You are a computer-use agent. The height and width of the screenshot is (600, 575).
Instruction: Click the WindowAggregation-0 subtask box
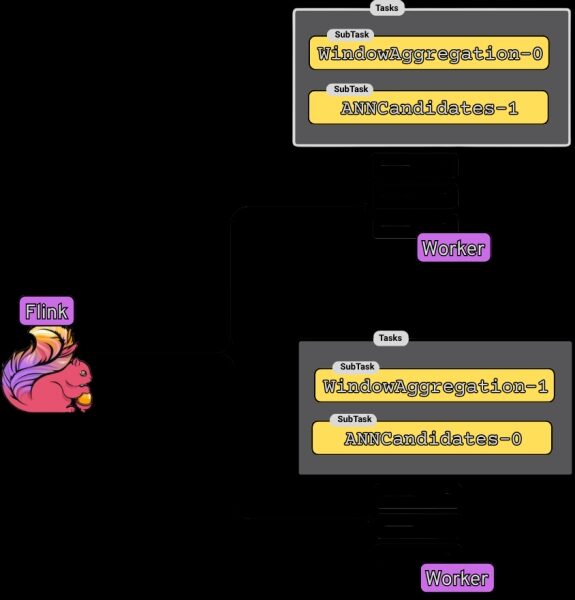pos(429,53)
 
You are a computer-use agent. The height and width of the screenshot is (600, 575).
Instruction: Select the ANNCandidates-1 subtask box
pos(428,108)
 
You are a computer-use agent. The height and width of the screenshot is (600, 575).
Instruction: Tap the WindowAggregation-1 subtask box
pos(434,385)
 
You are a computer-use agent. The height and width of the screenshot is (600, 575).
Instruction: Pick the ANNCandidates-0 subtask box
pos(432,438)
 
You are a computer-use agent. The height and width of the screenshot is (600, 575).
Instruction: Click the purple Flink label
pos(47,311)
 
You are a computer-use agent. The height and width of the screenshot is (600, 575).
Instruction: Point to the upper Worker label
pos(454,248)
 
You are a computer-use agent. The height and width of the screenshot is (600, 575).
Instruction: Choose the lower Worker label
pos(457,577)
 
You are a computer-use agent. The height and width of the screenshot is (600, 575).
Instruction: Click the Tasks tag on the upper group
pos(387,8)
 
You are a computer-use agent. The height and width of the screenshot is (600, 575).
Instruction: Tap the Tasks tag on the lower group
pos(391,338)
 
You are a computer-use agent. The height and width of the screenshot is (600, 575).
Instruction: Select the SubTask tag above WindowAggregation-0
pos(352,34)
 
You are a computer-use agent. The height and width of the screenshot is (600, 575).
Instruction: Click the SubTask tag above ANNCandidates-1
pos(351,89)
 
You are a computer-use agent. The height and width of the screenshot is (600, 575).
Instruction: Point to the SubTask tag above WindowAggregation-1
pos(357,367)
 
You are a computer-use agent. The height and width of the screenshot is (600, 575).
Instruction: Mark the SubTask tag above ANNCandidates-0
pos(354,419)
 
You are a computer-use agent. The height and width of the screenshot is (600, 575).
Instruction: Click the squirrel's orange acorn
pos(84,399)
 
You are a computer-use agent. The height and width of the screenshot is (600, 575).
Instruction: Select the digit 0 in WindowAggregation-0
pos(537,54)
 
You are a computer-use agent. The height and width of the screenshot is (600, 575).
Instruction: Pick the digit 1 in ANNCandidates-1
pos(513,108)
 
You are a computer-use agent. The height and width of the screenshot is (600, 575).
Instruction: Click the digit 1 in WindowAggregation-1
pos(542,386)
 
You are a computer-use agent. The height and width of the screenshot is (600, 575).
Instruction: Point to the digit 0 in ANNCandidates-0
pos(516,439)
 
